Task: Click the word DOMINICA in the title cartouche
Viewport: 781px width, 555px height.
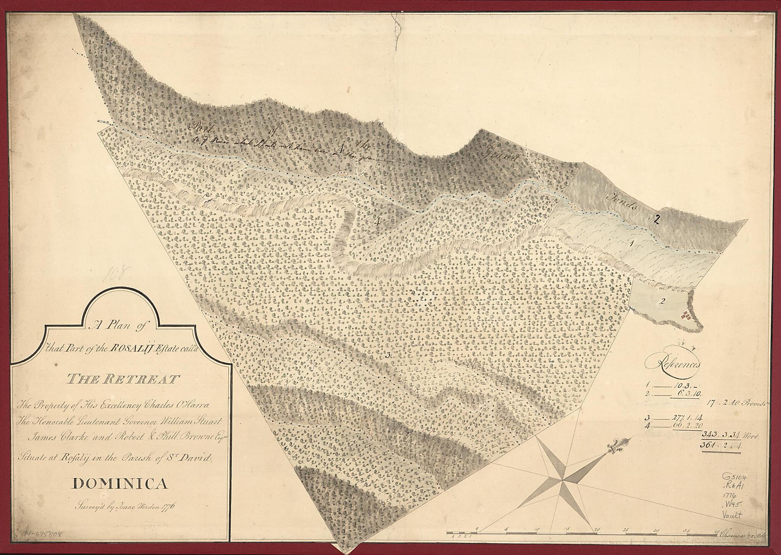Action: (120, 484)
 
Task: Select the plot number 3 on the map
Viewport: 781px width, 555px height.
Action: (387, 355)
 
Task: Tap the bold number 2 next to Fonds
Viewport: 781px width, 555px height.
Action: (657, 219)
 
